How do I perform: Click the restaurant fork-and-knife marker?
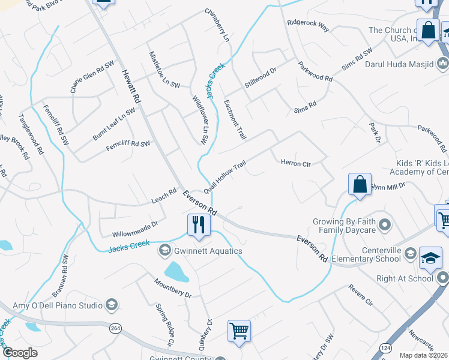click(x=199, y=225)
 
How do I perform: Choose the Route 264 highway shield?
click(x=115, y=328)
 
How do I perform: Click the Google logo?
click(x=20, y=353)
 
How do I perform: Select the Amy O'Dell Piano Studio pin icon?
click(x=111, y=305)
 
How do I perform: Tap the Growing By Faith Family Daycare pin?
click(x=385, y=226)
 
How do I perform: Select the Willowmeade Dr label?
click(x=134, y=228)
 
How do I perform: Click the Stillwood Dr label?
click(x=261, y=79)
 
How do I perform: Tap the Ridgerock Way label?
click(x=308, y=25)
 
